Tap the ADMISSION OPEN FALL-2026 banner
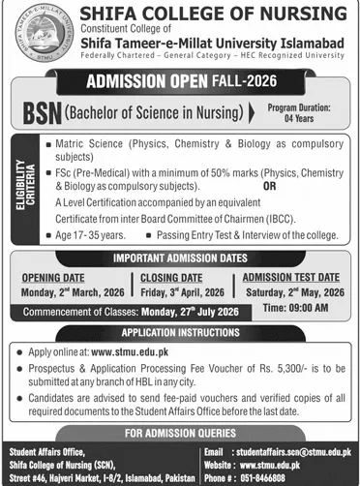(179, 82)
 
